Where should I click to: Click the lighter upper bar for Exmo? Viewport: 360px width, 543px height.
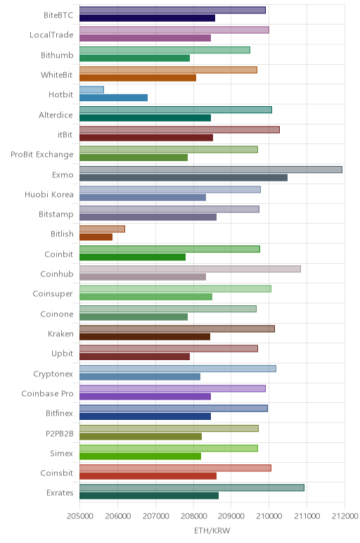coord(211,170)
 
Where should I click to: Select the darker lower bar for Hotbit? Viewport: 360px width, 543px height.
coord(113,98)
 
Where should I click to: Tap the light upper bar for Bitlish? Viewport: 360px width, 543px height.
coord(102,229)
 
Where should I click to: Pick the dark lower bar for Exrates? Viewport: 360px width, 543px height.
coord(149,496)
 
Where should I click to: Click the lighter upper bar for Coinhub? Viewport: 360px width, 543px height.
coord(190,269)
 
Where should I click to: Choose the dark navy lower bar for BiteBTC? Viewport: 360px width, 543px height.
coord(147,18)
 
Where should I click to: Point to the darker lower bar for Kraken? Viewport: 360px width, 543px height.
coord(145,337)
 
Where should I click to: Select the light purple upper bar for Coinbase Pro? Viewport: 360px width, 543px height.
coord(172,388)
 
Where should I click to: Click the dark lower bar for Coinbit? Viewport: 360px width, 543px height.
coord(133,257)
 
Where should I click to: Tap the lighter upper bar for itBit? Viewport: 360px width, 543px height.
coord(180,129)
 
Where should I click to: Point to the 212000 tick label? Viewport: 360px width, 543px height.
coord(345,516)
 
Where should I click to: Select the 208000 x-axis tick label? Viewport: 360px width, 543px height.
coord(193,516)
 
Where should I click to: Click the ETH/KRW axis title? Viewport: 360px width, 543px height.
coord(212,530)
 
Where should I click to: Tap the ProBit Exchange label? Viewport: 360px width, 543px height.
coord(42,155)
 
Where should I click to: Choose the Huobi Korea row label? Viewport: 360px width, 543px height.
coord(49,194)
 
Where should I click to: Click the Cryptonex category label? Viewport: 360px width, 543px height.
coord(53,374)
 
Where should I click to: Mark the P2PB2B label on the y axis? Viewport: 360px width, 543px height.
coord(60,433)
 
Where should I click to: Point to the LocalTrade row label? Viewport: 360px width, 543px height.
coord(51,34)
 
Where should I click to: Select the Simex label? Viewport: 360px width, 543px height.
coord(62,453)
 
